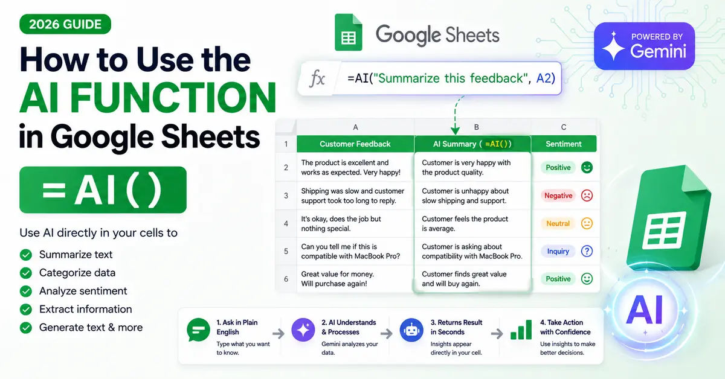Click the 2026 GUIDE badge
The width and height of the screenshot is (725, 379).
(65, 24)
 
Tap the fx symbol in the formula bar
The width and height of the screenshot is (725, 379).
(317, 78)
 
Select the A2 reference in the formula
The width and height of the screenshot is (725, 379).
(546, 78)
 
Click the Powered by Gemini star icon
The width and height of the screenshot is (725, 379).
(613, 46)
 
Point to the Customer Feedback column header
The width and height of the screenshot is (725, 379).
(355, 144)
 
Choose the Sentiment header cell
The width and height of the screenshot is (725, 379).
(564, 144)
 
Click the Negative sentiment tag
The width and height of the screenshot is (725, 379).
(558, 196)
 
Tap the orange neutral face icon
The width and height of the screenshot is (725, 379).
(587, 223)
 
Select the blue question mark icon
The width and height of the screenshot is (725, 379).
(587, 251)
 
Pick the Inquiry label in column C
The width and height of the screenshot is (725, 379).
(558, 251)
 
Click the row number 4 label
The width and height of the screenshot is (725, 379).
(286, 224)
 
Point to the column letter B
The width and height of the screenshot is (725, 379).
(477, 127)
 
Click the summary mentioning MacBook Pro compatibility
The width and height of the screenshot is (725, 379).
(472, 251)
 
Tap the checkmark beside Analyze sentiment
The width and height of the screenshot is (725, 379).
(26, 291)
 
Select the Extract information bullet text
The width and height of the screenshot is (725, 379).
(85, 309)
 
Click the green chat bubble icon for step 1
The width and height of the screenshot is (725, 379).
(198, 330)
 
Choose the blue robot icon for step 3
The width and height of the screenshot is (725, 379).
(411, 330)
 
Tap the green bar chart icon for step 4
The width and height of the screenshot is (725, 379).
(521, 330)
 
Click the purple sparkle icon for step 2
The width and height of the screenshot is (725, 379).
(303, 330)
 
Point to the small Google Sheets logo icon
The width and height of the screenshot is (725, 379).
(348, 33)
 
